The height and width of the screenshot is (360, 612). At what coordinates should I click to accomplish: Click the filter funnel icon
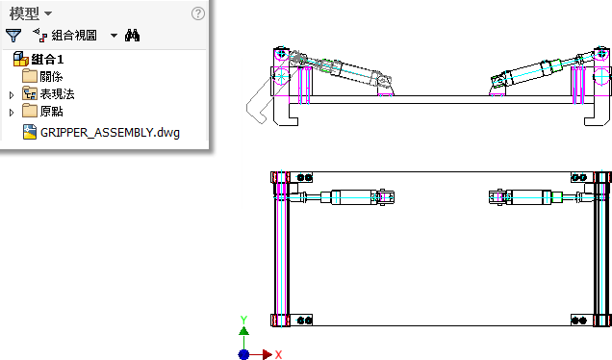pyautogui.click(x=13, y=36)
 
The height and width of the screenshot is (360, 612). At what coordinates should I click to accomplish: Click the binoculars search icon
pyautogui.click(x=133, y=36)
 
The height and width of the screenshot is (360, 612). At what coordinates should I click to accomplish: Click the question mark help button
pyautogui.click(x=198, y=13)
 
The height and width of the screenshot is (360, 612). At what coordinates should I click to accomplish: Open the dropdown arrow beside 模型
pyautogui.click(x=48, y=13)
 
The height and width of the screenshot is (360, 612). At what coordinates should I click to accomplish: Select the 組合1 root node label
pyautogui.click(x=47, y=60)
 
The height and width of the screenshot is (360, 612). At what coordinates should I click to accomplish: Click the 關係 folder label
pyautogui.click(x=51, y=77)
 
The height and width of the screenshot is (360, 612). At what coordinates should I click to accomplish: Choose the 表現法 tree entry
pyautogui.click(x=57, y=94)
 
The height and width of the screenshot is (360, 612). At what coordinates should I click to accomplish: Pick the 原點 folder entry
pyautogui.click(x=51, y=112)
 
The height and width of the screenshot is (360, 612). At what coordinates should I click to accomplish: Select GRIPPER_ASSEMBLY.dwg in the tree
pyautogui.click(x=110, y=133)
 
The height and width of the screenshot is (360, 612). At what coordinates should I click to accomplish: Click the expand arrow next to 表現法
pyautogui.click(x=12, y=95)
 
